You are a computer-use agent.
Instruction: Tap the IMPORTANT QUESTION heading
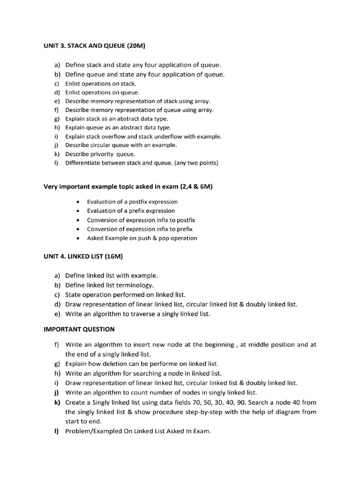(x=79, y=329)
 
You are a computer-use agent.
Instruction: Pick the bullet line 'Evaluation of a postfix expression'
(x=132, y=202)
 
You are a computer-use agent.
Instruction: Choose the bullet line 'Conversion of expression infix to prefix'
(x=140, y=229)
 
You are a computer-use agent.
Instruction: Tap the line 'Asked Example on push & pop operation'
(x=142, y=238)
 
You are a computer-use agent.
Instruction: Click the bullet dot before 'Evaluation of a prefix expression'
(x=77, y=211)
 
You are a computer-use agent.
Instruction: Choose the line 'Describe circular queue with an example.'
(x=121, y=145)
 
